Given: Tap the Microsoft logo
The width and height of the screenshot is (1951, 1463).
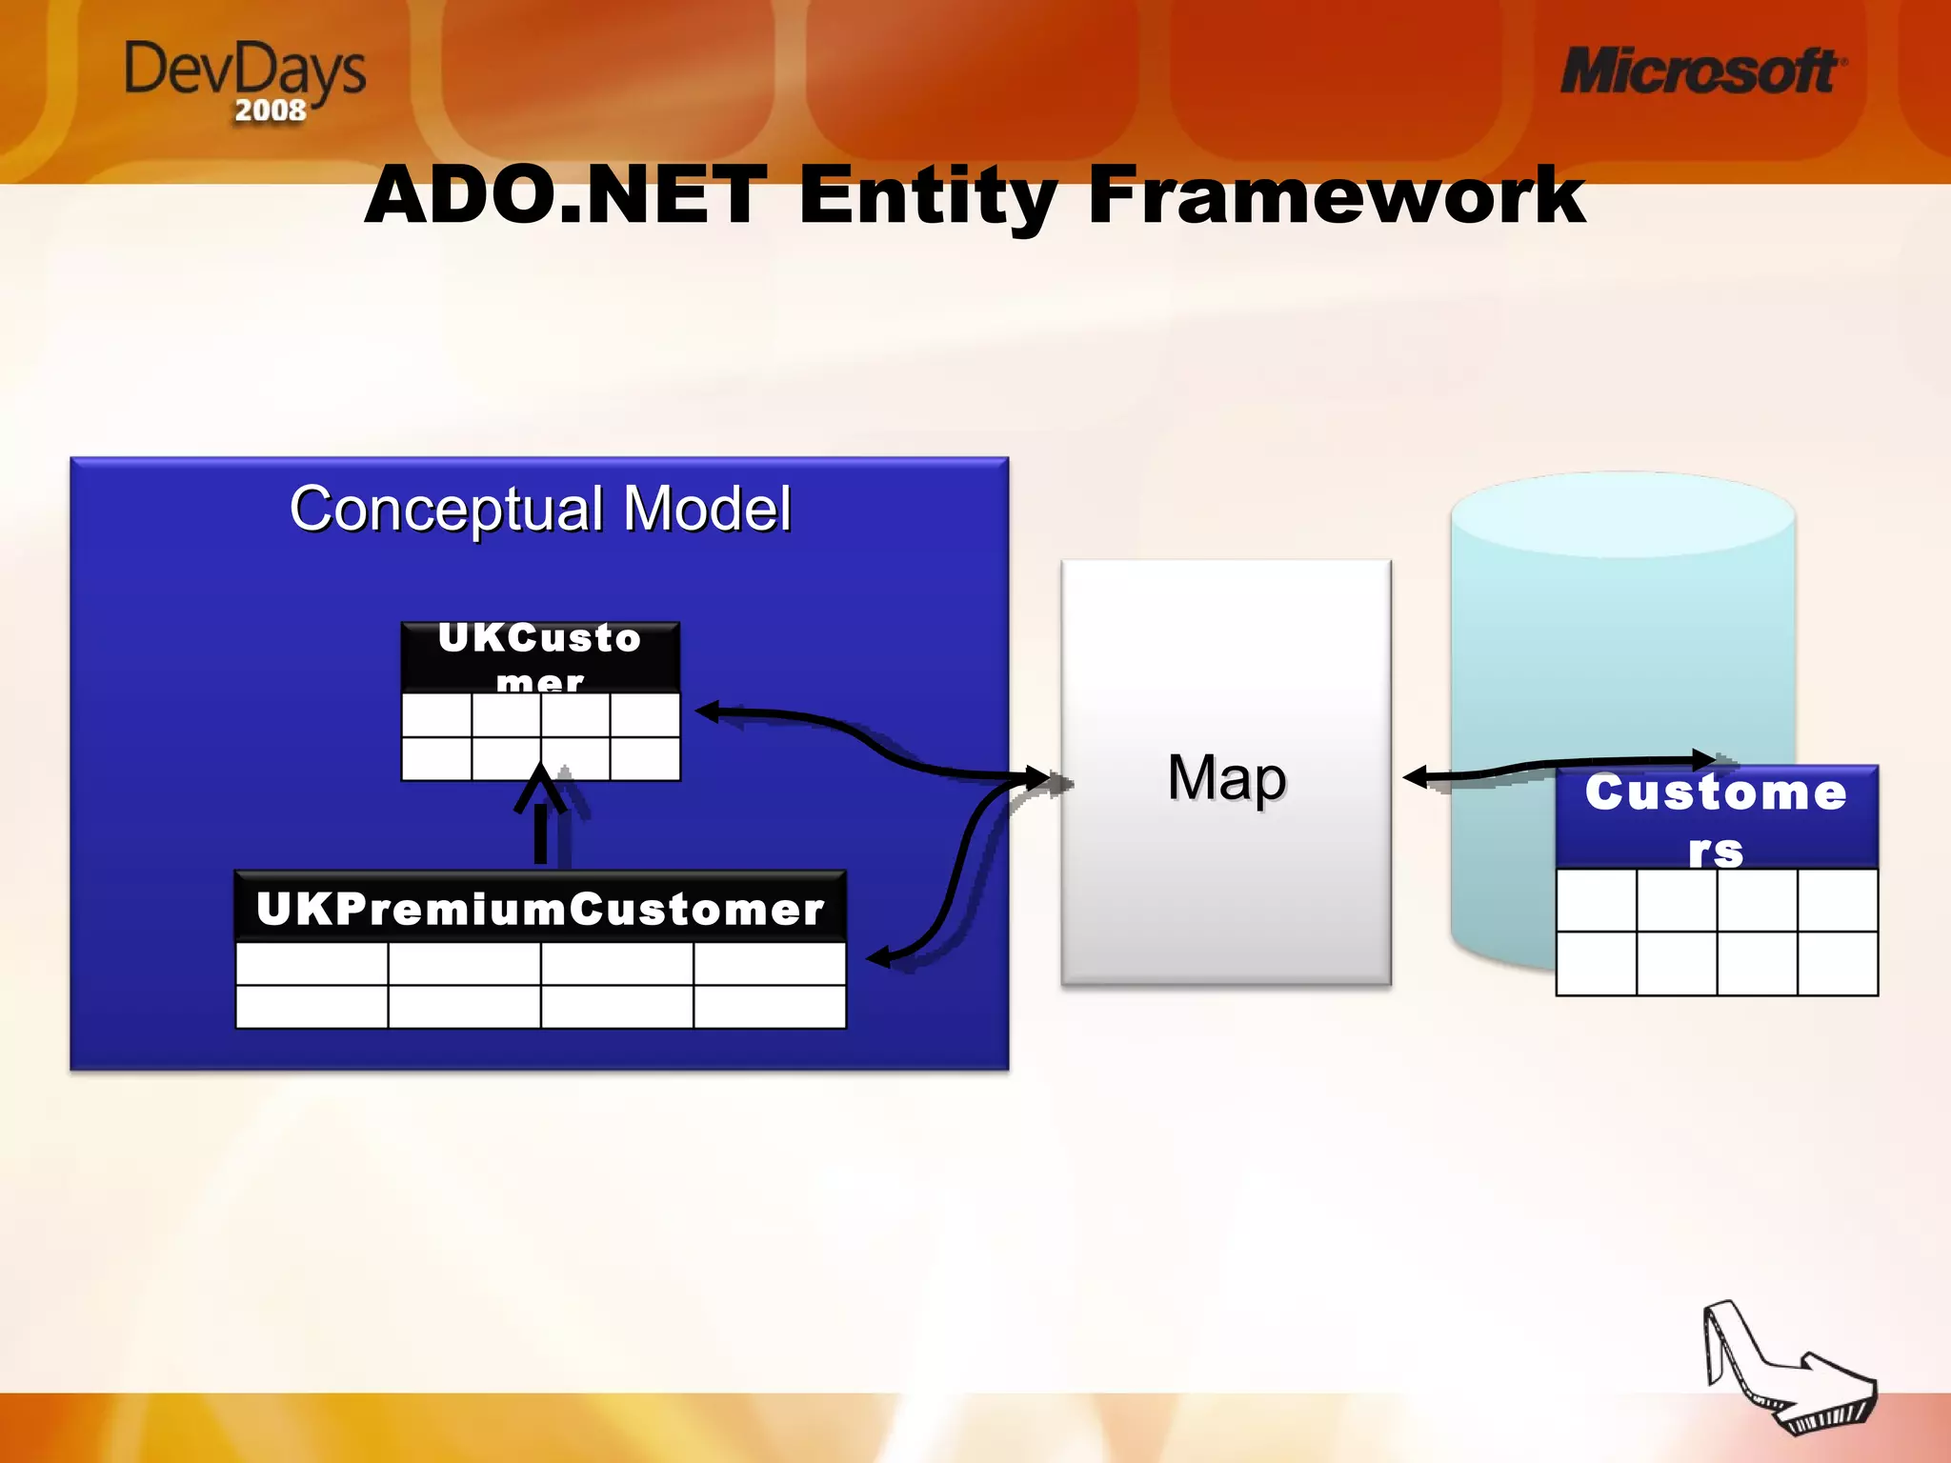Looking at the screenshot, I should coord(1701,72).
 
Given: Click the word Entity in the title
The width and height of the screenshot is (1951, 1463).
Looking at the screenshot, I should coord(926,196).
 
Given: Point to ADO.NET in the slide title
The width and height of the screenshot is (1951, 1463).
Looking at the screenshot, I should coord(566,194).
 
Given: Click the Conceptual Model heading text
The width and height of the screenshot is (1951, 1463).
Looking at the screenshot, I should coord(540,509).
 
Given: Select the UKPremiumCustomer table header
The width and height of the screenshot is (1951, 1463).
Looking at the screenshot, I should coord(540,908).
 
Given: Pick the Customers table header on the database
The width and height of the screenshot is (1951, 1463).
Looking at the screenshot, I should coord(1716,817).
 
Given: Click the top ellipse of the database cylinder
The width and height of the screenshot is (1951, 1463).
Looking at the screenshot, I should coord(1622,514).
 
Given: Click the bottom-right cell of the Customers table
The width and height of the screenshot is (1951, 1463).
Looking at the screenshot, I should coord(1838,963).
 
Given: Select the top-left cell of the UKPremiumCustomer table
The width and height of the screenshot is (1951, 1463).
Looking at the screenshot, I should coord(312,963).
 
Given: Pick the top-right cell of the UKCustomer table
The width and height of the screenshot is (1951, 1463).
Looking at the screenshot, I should coord(645,715).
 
